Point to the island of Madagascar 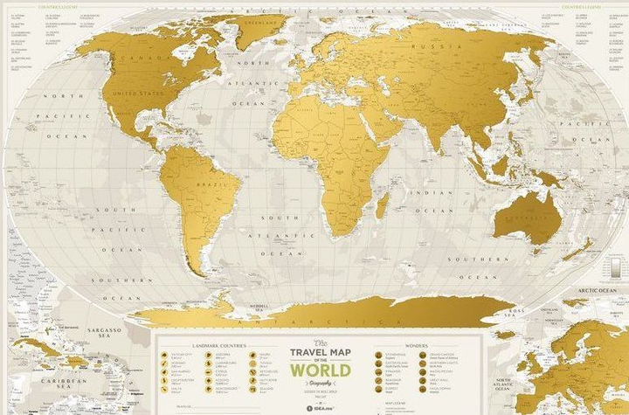[383, 206]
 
